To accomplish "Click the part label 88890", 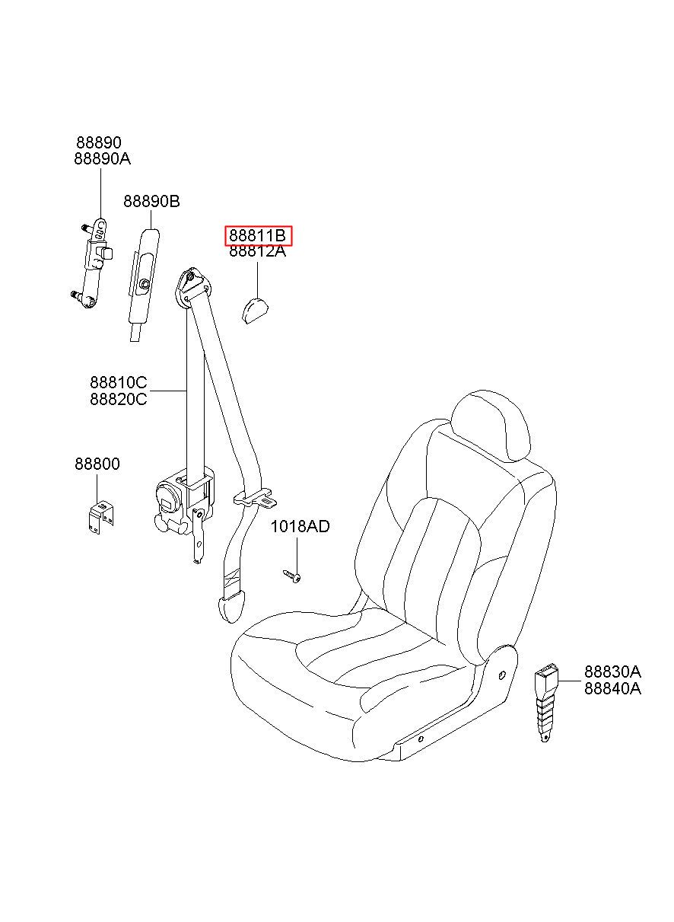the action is [x=99, y=142].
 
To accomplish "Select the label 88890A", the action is [x=103, y=158].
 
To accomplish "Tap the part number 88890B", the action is [x=151, y=201].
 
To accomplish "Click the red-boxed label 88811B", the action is [x=257, y=235].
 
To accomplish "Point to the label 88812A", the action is [x=257, y=250].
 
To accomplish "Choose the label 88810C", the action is [x=119, y=383].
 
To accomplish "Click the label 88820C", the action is [x=119, y=399].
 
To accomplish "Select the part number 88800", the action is [x=97, y=464].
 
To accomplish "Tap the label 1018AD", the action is [x=300, y=526].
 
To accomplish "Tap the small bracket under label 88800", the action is [x=101, y=518].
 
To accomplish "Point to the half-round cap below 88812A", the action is [x=253, y=311].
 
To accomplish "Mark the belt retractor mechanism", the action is [x=183, y=510].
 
